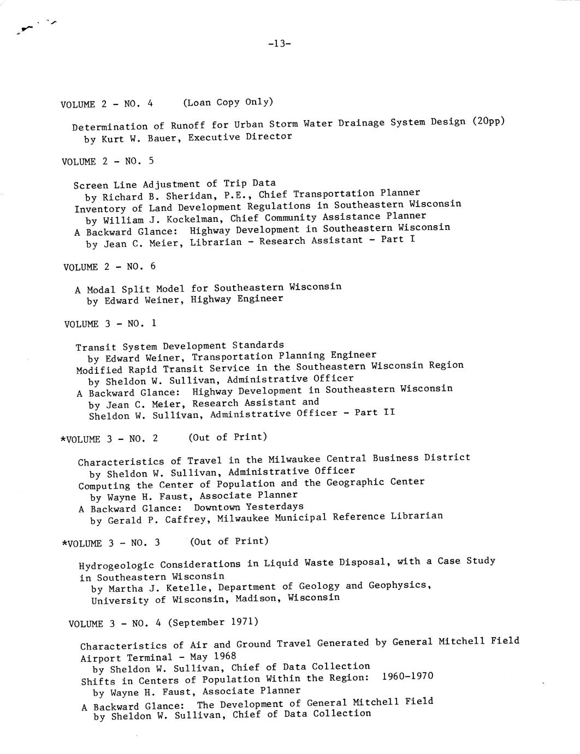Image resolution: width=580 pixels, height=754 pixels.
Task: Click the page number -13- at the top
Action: (280, 44)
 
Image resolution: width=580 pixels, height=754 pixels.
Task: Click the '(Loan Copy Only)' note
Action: (228, 102)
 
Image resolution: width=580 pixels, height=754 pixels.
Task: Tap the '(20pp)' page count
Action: (488, 121)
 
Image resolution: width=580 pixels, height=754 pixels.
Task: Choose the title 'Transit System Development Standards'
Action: (180, 346)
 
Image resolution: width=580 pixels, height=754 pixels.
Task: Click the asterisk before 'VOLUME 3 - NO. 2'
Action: (63, 440)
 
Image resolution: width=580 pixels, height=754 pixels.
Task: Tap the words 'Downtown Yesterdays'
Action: (248, 506)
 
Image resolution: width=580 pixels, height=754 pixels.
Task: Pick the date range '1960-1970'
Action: (407, 676)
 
